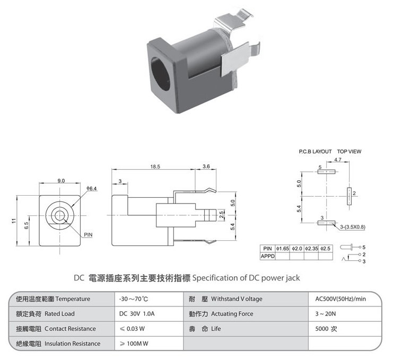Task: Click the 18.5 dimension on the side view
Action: click(155, 166)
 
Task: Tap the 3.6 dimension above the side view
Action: click(206, 166)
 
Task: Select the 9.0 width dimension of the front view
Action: click(61, 181)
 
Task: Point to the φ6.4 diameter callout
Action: click(92, 188)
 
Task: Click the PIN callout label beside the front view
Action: click(88, 235)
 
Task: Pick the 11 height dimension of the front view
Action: click(14, 221)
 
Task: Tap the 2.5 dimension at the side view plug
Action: click(221, 215)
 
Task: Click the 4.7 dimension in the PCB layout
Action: click(338, 160)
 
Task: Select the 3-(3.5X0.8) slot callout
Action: click(352, 227)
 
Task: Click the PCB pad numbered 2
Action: click(349, 196)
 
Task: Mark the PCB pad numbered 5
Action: click(326, 172)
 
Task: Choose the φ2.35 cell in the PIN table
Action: click(311, 249)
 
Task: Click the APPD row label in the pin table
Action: click(268, 256)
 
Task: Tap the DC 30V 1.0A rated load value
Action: click(137, 314)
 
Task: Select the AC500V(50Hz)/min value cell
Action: click(340, 299)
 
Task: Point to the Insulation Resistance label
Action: click(73, 344)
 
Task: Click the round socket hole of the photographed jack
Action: click(161, 74)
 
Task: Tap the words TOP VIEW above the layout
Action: click(349, 152)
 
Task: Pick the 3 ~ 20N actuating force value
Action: click(325, 314)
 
